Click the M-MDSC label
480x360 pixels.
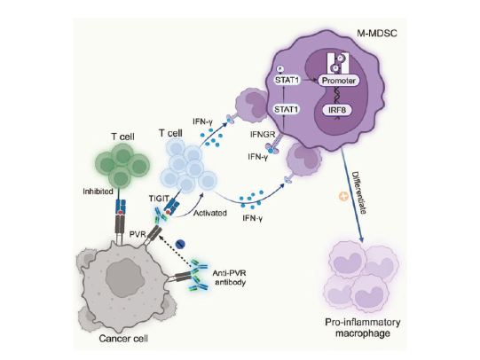click(377, 33)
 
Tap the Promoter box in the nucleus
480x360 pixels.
click(339, 81)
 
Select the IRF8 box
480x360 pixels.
click(337, 109)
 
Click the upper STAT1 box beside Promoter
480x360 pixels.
click(287, 81)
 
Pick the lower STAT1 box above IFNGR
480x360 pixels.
click(287, 109)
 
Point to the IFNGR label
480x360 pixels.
click(263, 134)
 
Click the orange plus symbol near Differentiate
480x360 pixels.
click(343, 196)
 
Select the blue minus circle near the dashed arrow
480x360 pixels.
click(180, 244)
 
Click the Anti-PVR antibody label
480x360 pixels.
click(230, 278)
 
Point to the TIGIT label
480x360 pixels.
click(159, 199)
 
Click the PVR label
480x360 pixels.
click(138, 235)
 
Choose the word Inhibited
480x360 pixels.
click(98, 192)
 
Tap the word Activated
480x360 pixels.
click(210, 213)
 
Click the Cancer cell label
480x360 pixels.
click(123, 339)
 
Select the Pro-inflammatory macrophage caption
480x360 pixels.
click(363, 327)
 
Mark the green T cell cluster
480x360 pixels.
click(122, 166)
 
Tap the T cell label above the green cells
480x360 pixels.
click(122, 137)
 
